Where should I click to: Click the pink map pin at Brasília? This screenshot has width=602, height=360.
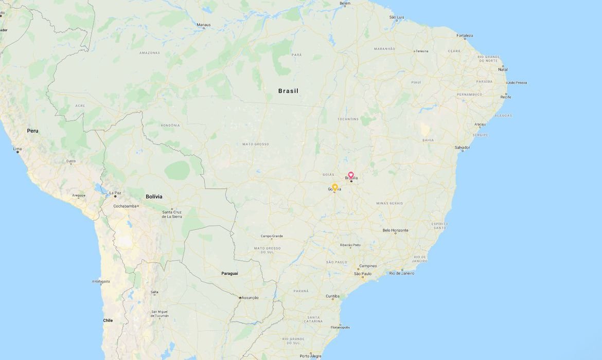pos(351,175)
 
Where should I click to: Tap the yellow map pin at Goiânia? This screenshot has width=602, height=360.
pos(334,187)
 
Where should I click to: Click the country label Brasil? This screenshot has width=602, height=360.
pos(288,91)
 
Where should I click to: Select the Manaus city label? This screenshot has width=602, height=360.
pos(203,25)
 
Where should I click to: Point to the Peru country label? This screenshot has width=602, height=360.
pos(32,131)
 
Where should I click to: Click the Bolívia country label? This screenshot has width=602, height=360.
pos(154,196)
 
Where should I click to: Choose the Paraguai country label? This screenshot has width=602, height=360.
pos(229,274)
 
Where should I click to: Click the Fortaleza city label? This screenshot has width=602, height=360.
pos(465,35)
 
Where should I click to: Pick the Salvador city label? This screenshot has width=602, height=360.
pos(462,148)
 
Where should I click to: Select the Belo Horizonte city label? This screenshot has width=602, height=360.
pos(395,230)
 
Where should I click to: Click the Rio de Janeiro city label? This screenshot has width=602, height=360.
pos(402,273)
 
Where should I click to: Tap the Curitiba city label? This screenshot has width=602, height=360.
pos(332,296)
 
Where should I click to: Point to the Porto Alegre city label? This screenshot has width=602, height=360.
pos(310,356)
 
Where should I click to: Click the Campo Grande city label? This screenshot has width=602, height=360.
pos(272,237)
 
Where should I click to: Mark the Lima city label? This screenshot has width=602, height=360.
pos(17,149)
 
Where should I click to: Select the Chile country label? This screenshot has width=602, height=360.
pos(108,320)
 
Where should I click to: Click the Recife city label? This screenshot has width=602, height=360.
pos(506,97)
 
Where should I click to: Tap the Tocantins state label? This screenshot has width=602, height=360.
pos(348,119)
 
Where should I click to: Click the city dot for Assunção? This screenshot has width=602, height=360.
pos(240,298)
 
